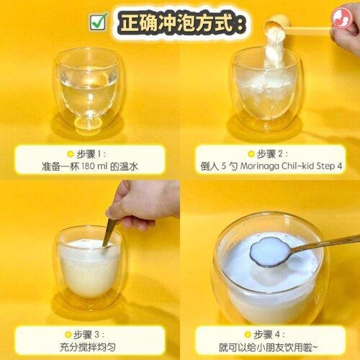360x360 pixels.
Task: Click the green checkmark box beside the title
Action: pyautogui.click(x=98, y=22)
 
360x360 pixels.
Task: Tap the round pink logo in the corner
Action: pyautogui.click(x=341, y=18)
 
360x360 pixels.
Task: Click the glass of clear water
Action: pyautogui.click(x=89, y=91)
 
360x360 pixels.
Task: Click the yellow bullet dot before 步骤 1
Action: pyautogui.click(x=71, y=154)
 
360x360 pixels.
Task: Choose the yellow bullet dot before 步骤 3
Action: pyautogui.click(x=68, y=334)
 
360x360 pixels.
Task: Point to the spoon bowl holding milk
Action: pyautogui.click(x=269, y=251)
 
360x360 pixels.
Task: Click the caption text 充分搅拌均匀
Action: pyautogui.click(x=88, y=347)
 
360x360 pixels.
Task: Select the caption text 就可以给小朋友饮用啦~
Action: pyautogui.click(x=268, y=347)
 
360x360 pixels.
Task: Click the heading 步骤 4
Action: pyautogui.click(x=269, y=334)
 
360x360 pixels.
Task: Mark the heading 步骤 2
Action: pyautogui.click(x=272, y=154)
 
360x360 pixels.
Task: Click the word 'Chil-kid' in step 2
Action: pyautogui.click(x=297, y=166)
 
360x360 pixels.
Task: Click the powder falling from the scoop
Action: pyautogui.click(x=274, y=48)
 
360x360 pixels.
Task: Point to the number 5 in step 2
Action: pyautogui.click(x=224, y=166)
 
